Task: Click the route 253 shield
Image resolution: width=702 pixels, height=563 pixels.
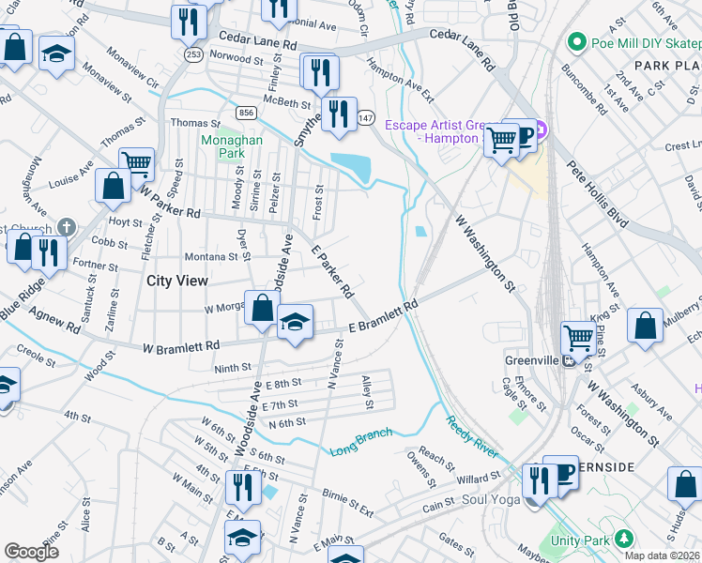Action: [x=193, y=55]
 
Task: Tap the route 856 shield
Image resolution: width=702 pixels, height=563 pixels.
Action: [x=245, y=112]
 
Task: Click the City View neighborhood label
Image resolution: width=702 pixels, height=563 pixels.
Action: [x=177, y=281]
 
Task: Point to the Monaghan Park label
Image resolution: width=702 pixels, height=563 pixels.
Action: [x=232, y=146]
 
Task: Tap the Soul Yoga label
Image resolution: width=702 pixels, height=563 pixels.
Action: [x=491, y=499]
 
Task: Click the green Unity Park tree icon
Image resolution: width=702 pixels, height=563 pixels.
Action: [x=621, y=539]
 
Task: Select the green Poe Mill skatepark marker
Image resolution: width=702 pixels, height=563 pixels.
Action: [x=576, y=43]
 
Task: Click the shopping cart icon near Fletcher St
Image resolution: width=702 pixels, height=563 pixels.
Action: [x=137, y=165]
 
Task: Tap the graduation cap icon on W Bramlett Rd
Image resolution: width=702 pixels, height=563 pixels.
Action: [x=295, y=324]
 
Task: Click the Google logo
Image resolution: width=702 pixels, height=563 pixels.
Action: [x=32, y=552]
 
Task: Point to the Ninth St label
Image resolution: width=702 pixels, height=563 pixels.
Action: [x=234, y=368]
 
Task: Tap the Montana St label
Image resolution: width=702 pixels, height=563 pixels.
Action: [x=210, y=256]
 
